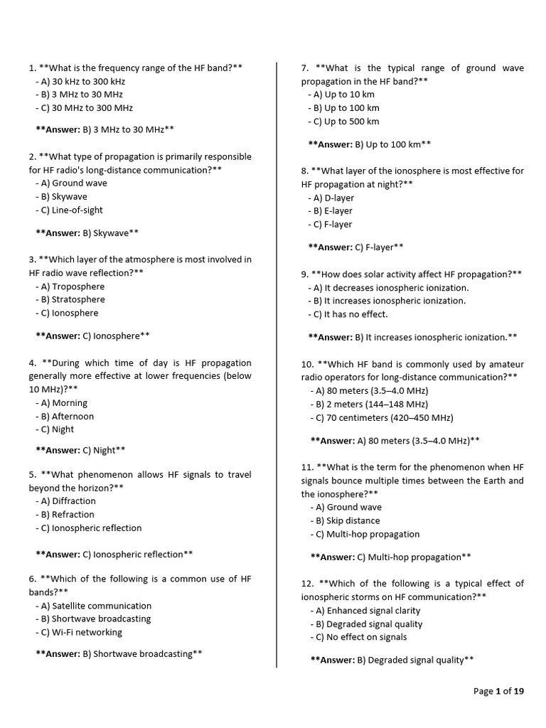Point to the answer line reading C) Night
tap(81, 450)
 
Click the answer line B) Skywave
tap(87, 232)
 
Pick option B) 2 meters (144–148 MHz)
tap(369, 404)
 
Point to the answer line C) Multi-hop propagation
tap(391, 557)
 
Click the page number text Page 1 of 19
tap(498, 691)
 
